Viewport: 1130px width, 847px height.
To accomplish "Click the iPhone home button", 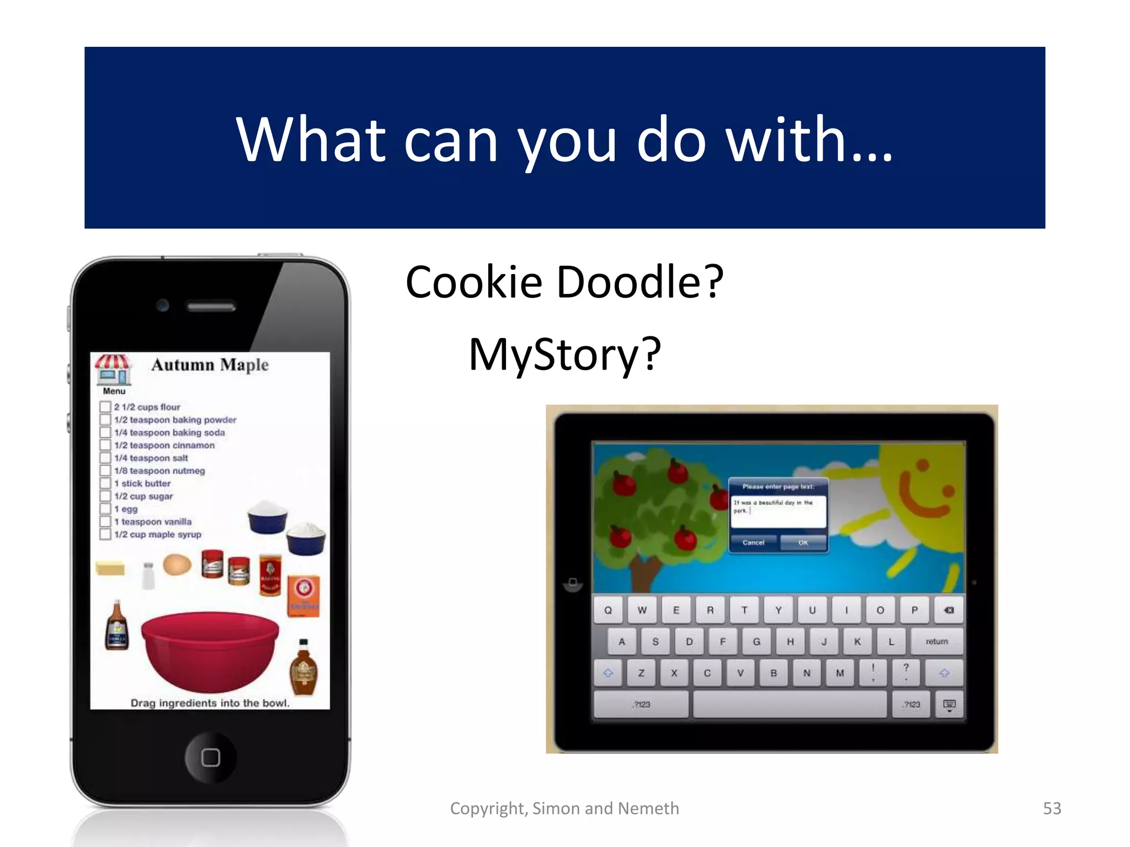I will [x=210, y=757].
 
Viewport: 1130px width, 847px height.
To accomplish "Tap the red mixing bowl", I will [x=210, y=650].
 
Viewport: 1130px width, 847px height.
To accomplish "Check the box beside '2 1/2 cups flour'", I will [x=105, y=407].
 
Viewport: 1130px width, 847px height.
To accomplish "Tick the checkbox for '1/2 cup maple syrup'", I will [x=105, y=534].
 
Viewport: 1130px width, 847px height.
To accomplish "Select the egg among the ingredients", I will [x=177, y=565].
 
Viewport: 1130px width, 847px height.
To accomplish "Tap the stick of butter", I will [x=110, y=568].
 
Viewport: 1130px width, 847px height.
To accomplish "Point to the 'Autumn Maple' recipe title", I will [x=210, y=365].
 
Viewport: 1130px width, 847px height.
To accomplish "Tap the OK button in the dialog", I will [x=803, y=543].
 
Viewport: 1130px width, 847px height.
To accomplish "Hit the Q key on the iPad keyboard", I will [x=608, y=610].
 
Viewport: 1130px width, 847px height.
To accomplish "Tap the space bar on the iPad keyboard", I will [x=790, y=704].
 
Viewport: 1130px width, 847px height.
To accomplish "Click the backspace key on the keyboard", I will [x=948, y=610].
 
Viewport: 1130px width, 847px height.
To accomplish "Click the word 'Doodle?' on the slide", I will [x=640, y=282].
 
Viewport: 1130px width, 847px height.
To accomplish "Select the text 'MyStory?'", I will [x=564, y=354].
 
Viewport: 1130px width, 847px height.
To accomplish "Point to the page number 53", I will [x=1052, y=808].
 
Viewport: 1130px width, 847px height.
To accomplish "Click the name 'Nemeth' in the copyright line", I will [x=648, y=808].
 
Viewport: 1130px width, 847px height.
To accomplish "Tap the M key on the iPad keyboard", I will [x=840, y=673].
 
